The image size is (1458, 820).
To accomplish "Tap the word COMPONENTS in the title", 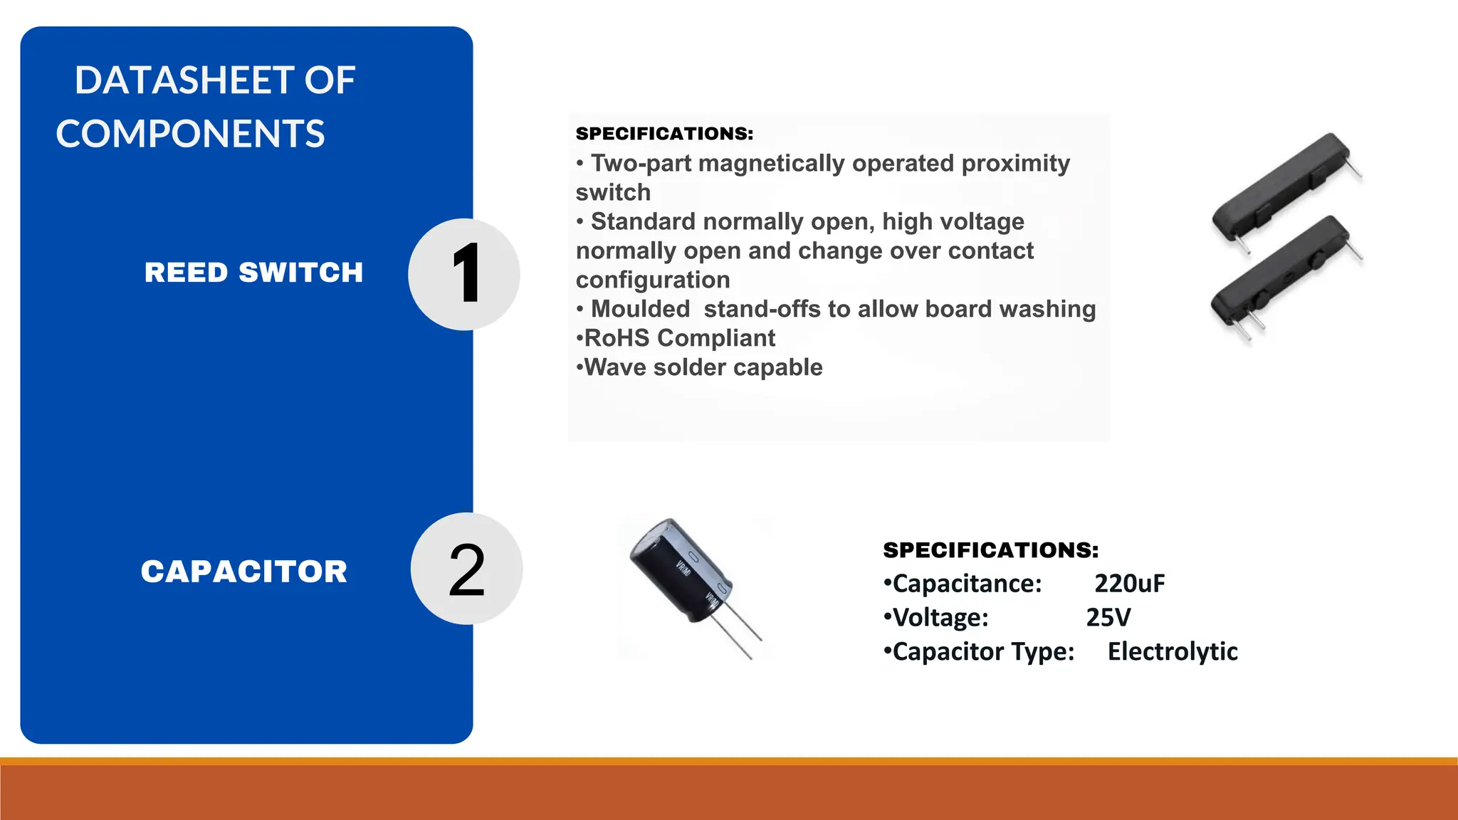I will point(190,134).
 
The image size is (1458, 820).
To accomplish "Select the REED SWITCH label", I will point(253,273).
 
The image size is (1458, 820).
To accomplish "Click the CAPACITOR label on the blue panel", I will point(244,572).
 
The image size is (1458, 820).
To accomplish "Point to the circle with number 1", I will point(464,274).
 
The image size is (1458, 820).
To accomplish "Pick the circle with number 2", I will point(466,569).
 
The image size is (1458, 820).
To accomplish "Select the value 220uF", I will point(1129,584).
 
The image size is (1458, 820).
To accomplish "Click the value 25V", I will point(1108,617).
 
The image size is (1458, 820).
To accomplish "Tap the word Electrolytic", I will point(1173,651).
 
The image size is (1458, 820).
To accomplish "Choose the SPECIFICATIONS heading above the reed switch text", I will point(664,134).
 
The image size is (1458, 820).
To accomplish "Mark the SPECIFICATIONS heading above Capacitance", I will point(990,550).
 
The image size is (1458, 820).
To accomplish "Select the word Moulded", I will point(640,309).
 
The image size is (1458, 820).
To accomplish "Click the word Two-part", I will point(641,164).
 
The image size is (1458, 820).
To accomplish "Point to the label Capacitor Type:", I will point(982,651).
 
